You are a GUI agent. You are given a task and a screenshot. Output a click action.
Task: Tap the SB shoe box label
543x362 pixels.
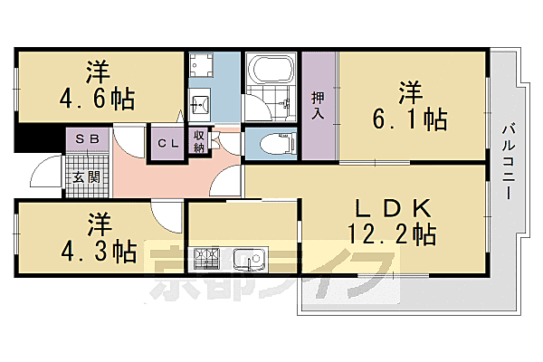coord(87,138)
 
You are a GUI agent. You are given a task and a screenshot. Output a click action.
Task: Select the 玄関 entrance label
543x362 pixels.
coord(87,176)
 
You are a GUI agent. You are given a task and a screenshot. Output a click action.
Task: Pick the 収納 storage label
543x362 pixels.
coord(199,142)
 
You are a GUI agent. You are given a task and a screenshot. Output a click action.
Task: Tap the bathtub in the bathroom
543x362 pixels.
coord(270,71)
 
